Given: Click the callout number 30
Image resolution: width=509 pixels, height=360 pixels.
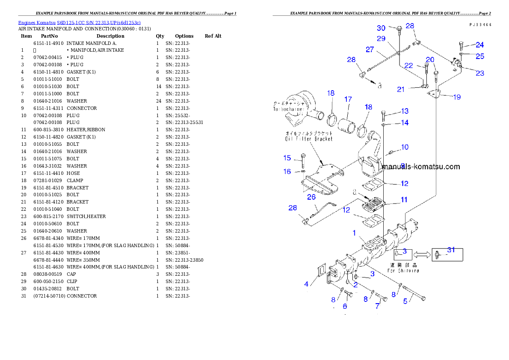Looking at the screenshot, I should pyautogui.click(x=381, y=28).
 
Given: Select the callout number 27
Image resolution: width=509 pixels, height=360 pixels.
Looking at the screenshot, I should pyautogui.click(x=370, y=50).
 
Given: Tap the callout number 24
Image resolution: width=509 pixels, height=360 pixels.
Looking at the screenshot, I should pyautogui.click(x=480, y=45).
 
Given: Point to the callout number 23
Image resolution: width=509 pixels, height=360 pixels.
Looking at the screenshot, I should pyautogui.click(x=480, y=73).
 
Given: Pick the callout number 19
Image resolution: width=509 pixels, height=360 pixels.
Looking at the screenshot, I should pyautogui.click(x=457, y=97).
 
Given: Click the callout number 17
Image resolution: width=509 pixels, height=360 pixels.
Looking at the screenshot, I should pyautogui.click(x=348, y=99).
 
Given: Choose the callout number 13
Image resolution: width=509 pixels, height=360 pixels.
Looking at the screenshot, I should pyautogui.click(x=405, y=111).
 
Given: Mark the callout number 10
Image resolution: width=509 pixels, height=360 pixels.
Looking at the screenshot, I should pyautogui.click(x=404, y=147).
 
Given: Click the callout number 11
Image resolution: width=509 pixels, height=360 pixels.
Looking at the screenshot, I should pyautogui.click(x=404, y=200).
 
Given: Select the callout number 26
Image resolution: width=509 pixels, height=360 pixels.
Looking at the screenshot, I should pyautogui.click(x=311, y=197).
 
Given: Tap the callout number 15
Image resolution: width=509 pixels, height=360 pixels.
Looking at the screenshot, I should pyautogui.click(x=287, y=158).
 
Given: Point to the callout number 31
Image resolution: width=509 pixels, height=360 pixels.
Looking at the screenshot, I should pyautogui.click(x=451, y=250).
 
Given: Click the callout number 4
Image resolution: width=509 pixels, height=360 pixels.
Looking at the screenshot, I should pyautogui.click(x=306, y=284).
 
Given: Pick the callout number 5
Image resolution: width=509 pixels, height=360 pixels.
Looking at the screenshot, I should pyautogui.click(x=405, y=301).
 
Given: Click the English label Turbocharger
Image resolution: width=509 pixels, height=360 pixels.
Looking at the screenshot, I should pyautogui.click(x=289, y=109).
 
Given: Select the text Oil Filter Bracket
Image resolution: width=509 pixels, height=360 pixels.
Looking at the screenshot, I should pyautogui.click(x=309, y=139).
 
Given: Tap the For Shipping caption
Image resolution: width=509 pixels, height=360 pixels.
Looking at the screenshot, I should pyautogui.click(x=403, y=270).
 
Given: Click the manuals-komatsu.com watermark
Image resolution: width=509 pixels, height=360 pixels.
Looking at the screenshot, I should pyautogui.click(x=421, y=167).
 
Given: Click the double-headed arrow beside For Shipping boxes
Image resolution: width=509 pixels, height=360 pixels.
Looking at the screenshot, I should pyautogui.click(x=422, y=254).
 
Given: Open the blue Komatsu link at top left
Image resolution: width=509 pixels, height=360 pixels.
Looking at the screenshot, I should pyautogui.click(x=79, y=23).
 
